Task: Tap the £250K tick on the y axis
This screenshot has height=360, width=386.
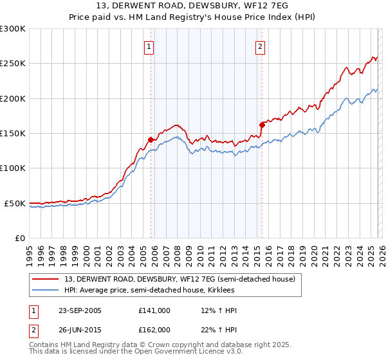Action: [13, 64]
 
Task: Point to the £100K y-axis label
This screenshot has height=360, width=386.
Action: [13, 168]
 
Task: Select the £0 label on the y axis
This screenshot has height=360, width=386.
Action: [19, 238]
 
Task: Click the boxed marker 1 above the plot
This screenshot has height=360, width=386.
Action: [149, 46]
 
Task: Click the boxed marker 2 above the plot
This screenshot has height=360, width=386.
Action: [261, 46]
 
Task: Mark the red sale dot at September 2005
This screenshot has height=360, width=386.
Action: [151, 139]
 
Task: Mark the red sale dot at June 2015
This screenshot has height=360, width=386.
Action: [262, 125]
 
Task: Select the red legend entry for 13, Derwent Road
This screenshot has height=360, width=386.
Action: [179, 279]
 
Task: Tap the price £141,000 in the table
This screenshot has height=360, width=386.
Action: [154, 310]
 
